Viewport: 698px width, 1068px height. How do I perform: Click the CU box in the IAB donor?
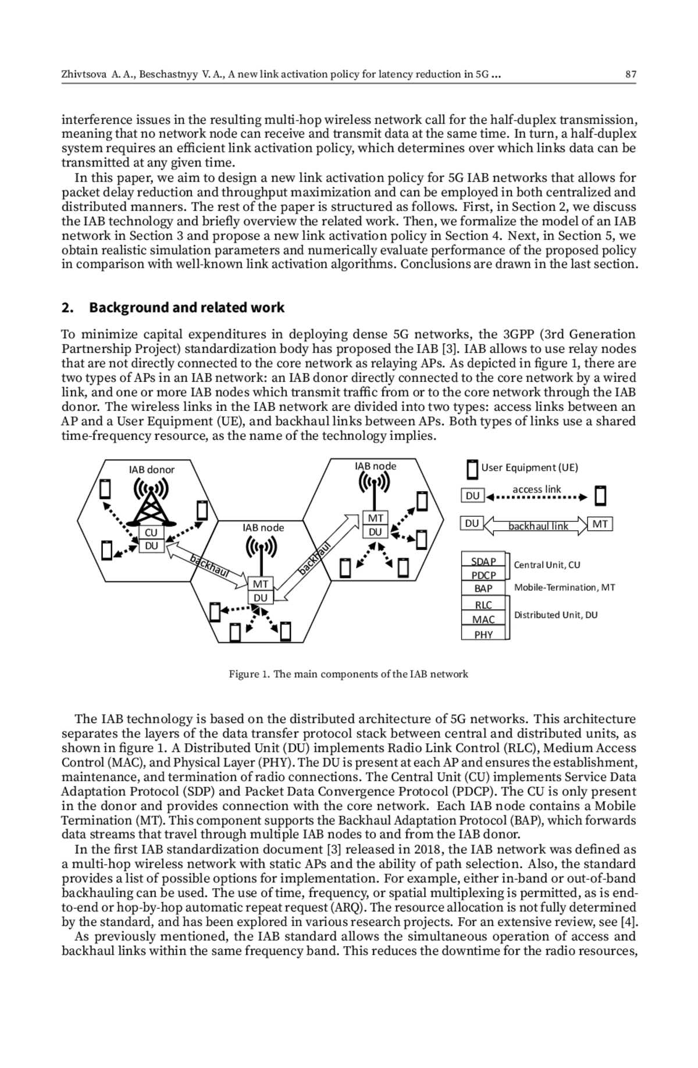click(x=151, y=533)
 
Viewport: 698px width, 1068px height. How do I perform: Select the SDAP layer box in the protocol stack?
click(x=483, y=561)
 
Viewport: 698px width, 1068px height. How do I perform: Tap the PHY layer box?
click(x=483, y=634)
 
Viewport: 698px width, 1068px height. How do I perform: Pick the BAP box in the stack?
click(x=483, y=588)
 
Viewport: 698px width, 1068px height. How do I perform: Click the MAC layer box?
click(x=483, y=620)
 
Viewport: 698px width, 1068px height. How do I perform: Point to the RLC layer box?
click(x=483, y=605)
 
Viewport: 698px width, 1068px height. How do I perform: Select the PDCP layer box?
click(x=483, y=575)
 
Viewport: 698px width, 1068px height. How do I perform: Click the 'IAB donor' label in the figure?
click(x=152, y=470)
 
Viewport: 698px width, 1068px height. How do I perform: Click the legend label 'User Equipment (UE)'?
click(x=529, y=467)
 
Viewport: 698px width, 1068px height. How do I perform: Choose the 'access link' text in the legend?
click(x=536, y=489)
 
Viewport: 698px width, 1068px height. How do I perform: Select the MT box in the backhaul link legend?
click(x=600, y=524)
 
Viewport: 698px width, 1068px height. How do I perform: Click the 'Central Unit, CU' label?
click(x=547, y=565)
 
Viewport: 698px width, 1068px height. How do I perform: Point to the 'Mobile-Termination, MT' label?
click(x=564, y=587)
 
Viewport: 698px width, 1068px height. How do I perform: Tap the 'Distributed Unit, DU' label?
click(x=555, y=615)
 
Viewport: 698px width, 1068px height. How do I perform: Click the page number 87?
click(x=631, y=74)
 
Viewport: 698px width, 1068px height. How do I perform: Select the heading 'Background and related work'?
click(x=187, y=307)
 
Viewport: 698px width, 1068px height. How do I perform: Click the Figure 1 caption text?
click(x=348, y=674)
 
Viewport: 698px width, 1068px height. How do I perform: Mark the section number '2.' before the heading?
click(x=67, y=307)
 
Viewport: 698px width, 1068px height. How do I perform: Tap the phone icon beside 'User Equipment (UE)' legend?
click(x=472, y=469)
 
